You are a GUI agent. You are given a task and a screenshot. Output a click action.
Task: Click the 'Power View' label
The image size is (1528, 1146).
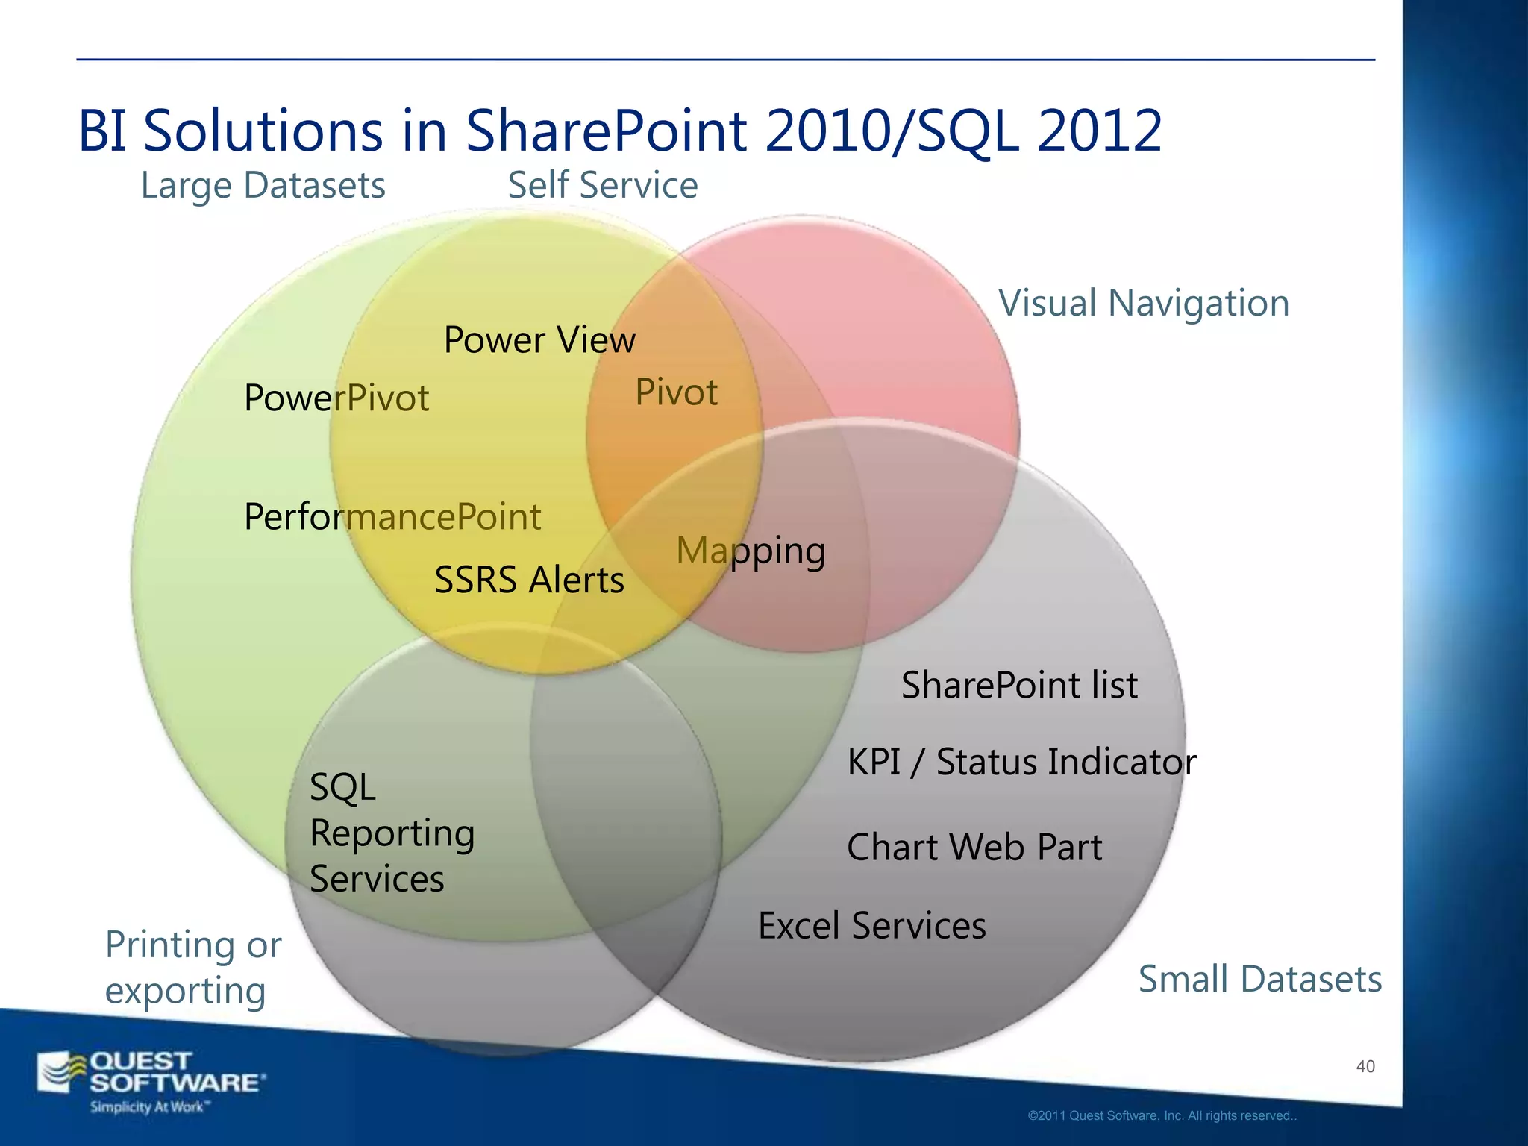tap(539, 340)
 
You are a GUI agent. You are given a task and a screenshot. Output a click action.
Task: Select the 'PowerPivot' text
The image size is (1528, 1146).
tap(336, 398)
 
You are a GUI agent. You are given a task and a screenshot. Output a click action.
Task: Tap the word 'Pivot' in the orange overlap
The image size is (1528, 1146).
tap(676, 392)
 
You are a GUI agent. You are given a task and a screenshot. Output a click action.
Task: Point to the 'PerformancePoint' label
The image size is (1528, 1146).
tap(392, 517)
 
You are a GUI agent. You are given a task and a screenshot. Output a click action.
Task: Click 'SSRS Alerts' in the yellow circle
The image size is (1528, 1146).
tap(529, 580)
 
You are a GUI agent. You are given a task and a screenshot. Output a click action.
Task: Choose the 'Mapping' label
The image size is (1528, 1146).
tap(751, 551)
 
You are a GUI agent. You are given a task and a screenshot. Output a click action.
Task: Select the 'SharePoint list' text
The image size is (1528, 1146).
tap(1019, 685)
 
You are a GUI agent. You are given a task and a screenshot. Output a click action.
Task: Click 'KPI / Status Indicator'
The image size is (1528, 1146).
tap(1021, 763)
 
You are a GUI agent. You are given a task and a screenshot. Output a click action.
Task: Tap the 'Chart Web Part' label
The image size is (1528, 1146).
tap(974, 848)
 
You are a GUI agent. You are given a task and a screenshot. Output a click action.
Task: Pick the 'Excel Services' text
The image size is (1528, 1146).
tap(872, 926)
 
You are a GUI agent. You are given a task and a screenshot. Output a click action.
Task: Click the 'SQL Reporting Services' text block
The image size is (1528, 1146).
tap(392, 833)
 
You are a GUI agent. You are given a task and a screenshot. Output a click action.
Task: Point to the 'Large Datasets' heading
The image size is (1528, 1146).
tap(263, 185)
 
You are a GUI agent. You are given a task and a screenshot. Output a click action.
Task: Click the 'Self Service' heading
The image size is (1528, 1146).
tap(603, 185)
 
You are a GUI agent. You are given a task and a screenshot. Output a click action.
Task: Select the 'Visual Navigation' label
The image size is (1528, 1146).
tap(1144, 304)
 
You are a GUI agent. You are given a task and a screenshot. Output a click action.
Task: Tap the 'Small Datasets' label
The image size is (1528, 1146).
tap(1259, 979)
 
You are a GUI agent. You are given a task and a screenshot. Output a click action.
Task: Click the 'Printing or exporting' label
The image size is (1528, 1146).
tap(192, 968)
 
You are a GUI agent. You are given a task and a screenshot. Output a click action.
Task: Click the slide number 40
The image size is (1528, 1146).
tap(1365, 1067)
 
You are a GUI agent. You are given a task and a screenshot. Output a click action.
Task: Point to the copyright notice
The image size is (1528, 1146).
tap(1162, 1116)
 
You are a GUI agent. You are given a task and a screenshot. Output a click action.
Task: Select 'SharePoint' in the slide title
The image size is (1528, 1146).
tap(606, 131)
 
